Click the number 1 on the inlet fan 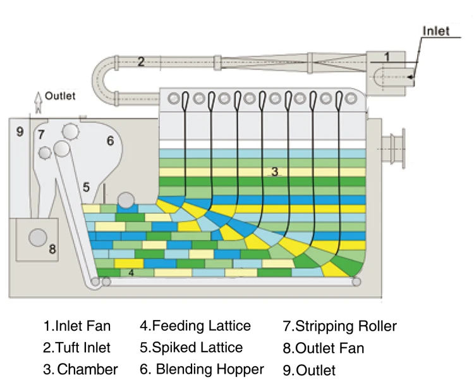point(387,57)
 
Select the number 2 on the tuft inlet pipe point(141,61)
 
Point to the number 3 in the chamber point(274,171)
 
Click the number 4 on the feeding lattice point(131,273)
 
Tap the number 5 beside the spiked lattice point(87,187)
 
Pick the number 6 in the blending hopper point(109,140)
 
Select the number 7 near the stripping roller point(41,134)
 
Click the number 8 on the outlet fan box point(52,249)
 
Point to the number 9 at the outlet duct point(20,132)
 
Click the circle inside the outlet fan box point(37,237)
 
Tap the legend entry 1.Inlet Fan point(77,326)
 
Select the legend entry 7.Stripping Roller point(339,326)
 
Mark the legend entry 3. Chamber point(81,369)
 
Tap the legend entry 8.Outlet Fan point(323,348)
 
